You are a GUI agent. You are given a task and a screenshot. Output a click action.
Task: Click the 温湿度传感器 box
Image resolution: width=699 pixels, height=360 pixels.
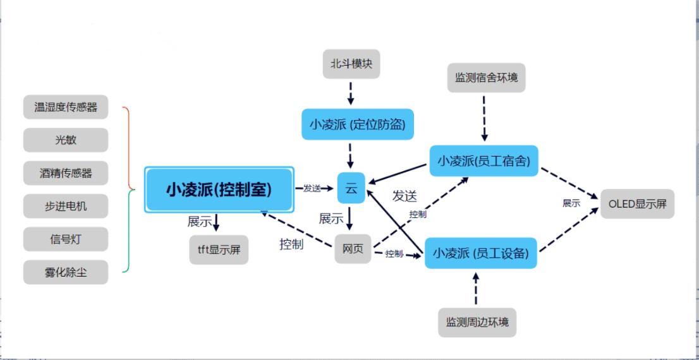[66, 107]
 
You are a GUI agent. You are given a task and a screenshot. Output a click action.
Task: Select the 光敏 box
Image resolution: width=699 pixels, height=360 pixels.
[66, 140]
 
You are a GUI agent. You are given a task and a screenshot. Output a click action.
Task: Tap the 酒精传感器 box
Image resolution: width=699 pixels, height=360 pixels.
[66, 173]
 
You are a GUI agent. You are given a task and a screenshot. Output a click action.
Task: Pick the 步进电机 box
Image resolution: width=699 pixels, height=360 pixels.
[66, 206]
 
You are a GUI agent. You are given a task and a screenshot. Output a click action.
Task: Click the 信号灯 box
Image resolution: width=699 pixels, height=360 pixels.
[66, 239]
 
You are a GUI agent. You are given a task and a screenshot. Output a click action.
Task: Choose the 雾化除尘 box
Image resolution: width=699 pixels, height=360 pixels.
[66, 272]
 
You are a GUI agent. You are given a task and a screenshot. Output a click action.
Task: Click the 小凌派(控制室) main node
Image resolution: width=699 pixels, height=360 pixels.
[219, 189]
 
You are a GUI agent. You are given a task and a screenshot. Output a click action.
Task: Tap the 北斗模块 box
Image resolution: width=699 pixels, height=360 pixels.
[351, 64]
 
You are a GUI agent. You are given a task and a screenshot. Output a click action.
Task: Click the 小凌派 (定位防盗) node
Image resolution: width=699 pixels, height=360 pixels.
[357, 124]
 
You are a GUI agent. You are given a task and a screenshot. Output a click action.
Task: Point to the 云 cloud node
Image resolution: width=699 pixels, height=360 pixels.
[351, 188]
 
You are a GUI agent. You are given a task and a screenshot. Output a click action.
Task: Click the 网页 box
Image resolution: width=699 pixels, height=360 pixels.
[353, 249]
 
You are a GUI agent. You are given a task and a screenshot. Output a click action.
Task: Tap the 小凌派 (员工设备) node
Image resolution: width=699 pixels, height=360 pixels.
[480, 253]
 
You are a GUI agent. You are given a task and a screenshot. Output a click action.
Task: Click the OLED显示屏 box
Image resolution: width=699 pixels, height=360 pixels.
[637, 204]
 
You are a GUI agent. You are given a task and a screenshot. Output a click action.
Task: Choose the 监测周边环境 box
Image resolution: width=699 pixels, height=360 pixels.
[477, 322]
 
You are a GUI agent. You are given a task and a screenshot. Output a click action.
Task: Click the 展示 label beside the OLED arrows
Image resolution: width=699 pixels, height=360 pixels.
[571, 203]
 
